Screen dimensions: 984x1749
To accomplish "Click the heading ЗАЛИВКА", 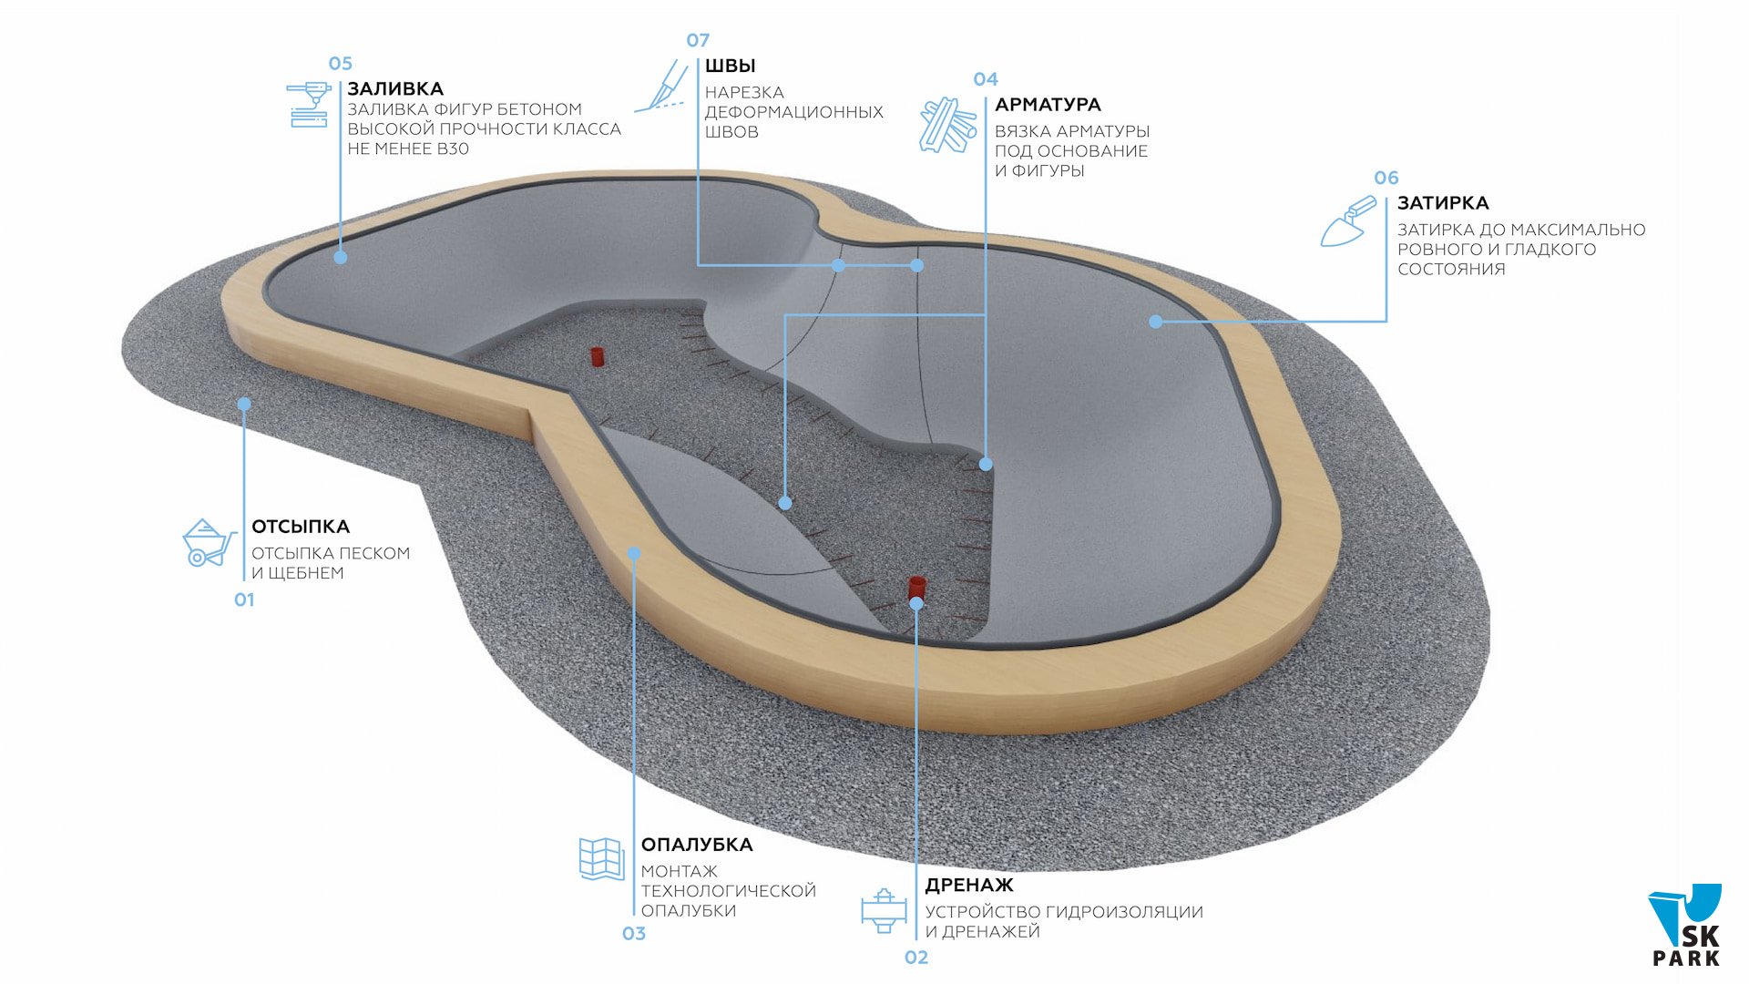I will tap(395, 88).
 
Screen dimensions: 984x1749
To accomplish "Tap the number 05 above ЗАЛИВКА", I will tap(340, 64).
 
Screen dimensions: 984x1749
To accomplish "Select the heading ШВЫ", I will tap(730, 66).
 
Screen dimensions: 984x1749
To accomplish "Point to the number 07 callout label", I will tap(698, 40).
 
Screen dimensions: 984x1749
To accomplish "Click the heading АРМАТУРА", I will tap(1048, 105).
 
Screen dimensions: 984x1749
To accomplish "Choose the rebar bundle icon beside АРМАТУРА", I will tap(947, 125).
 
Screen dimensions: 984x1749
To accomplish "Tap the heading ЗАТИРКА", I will tap(1443, 203).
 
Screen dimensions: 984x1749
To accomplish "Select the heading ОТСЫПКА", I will tap(301, 527).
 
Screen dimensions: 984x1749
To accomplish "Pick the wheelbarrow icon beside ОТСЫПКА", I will tap(209, 543).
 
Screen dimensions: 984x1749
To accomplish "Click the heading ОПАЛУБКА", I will tap(697, 845).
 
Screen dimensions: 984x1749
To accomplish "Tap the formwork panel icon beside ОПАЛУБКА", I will tap(601, 858).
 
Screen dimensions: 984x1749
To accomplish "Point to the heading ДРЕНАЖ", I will tap(969, 885).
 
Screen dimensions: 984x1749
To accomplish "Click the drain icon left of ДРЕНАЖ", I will tap(883, 910).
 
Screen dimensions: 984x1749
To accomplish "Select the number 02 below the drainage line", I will tap(916, 958).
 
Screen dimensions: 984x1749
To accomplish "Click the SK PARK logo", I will tap(1686, 927).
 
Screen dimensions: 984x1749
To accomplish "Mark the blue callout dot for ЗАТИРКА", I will tap(1156, 322).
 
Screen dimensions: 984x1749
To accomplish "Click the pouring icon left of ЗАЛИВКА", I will tap(308, 105).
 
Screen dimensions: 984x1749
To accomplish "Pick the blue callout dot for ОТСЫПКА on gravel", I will tap(244, 404).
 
